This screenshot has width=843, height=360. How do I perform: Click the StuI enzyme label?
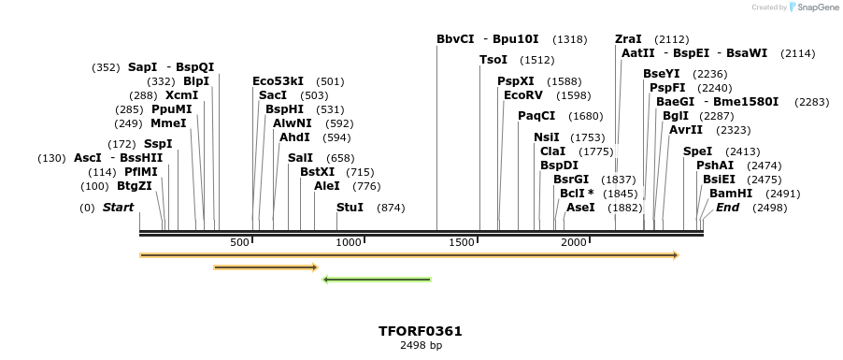tap(350, 207)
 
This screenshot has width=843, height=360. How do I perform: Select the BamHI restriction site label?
tap(730, 193)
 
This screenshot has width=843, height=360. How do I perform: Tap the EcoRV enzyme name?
tap(522, 95)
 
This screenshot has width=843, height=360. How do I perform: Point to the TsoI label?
tap(493, 60)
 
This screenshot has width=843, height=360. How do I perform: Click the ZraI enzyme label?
tap(628, 39)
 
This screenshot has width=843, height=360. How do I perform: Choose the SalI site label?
tap(300, 158)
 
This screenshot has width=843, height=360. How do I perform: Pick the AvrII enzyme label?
tap(685, 130)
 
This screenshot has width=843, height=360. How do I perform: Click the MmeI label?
tap(168, 123)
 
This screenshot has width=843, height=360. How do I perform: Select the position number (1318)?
tap(570, 39)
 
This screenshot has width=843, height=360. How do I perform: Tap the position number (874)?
tap(391, 207)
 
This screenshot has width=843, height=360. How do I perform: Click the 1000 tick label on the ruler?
tap(349, 242)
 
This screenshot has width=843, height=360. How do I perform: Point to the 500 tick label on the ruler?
tap(240, 242)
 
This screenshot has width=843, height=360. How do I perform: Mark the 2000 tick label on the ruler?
tap(573, 242)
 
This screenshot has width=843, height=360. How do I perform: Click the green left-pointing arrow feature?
tap(376, 279)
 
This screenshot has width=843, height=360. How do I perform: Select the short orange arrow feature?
tap(265, 267)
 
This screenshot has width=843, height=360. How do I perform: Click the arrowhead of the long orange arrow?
tap(675, 254)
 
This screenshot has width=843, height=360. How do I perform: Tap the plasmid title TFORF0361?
tap(420, 331)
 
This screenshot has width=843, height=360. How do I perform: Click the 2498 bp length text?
tap(421, 345)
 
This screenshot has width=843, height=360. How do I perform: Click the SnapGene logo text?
tap(818, 7)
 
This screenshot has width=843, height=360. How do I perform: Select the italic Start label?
tap(118, 207)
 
